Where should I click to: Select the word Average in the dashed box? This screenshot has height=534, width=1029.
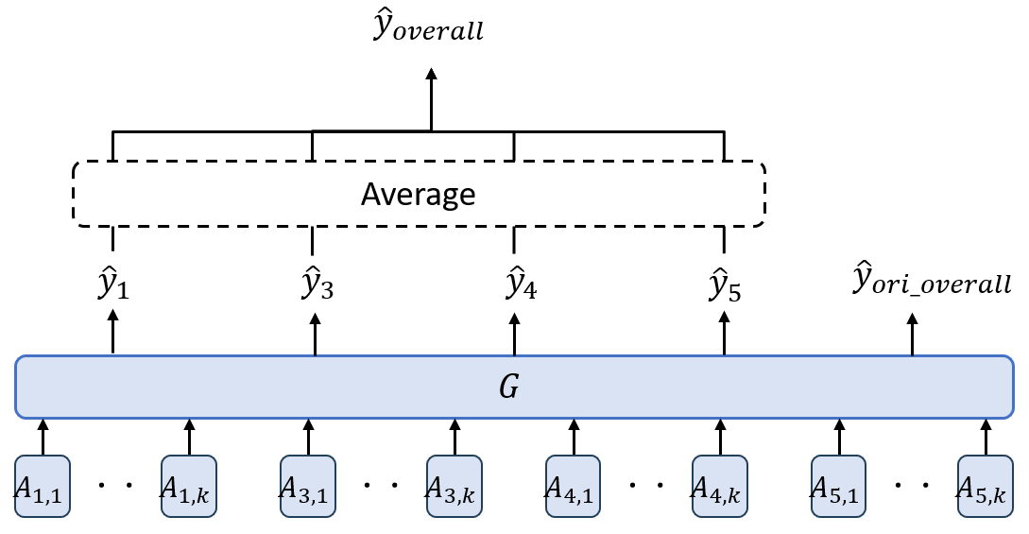[418, 195]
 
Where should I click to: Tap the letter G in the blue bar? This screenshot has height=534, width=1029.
[508, 387]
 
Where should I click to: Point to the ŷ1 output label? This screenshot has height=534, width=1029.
[113, 284]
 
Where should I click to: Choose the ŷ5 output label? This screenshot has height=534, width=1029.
[724, 284]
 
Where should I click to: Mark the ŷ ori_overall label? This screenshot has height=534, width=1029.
[931, 281]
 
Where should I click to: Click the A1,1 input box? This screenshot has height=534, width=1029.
[43, 487]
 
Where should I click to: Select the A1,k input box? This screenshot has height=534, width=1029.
[189, 487]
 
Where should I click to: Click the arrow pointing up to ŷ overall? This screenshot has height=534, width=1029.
[431, 99]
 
